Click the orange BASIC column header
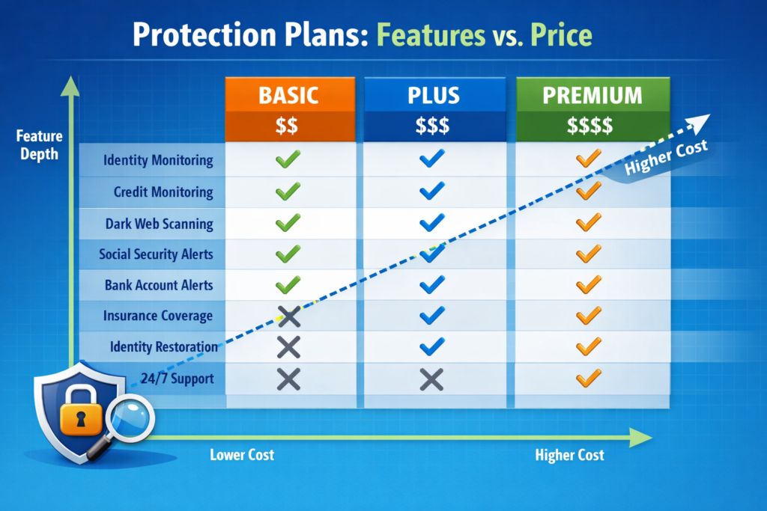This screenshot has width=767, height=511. (x=289, y=95)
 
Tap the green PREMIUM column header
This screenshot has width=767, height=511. (x=592, y=95)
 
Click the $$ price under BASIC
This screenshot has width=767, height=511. (x=288, y=125)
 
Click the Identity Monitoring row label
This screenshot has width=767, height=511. (x=158, y=160)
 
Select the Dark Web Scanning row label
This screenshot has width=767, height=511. (x=159, y=224)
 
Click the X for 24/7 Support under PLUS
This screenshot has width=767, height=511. (x=431, y=379)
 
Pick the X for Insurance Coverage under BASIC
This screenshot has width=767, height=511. (x=288, y=317)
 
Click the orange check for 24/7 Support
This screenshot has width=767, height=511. (x=589, y=379)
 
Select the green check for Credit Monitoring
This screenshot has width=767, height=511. (x=288, y=192)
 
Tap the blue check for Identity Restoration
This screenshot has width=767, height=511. (x=432, y=347)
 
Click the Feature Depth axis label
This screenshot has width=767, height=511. (x=38, y=144)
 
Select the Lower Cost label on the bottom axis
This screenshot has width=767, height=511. (x=242, y=455)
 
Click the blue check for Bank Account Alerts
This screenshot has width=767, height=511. (x=432, y=285)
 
